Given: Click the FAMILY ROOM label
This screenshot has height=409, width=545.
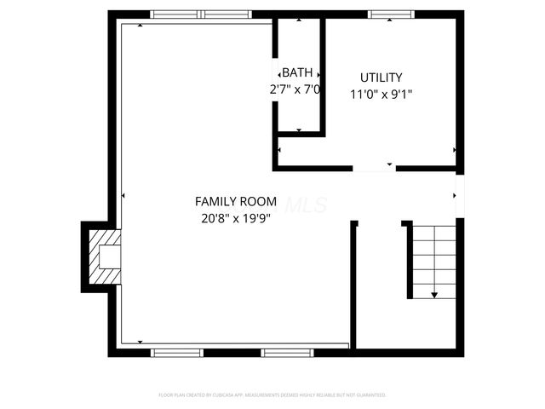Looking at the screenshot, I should [236, 202].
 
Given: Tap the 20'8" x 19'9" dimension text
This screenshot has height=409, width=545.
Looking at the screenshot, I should [236, 218].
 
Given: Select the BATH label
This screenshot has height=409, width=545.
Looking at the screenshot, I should [297, 72].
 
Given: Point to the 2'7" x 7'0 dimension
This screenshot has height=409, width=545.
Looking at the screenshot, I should [295, 89].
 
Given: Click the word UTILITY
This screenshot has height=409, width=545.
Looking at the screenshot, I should [381, 77].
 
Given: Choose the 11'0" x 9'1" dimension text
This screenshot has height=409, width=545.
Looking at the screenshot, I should [381, 94].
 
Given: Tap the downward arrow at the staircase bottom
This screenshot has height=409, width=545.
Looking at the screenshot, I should [434, 294].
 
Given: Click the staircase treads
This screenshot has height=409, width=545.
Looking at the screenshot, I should [433, 256].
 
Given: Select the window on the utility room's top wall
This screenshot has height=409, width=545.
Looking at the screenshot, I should [391, 14].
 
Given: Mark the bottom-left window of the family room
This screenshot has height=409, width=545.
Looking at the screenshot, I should [176, 352].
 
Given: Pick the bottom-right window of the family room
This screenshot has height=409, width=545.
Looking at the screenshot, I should [287, 352].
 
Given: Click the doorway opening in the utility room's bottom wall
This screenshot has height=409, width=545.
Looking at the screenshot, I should [375, 169].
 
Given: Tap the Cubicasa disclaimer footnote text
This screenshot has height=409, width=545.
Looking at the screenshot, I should [272, 395].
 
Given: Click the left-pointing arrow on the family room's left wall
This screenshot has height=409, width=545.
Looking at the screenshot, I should [123, 196].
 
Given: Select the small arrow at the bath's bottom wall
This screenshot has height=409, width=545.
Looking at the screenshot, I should [299, 130].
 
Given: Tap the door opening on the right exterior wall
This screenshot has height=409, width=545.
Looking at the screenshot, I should [460, 196].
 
